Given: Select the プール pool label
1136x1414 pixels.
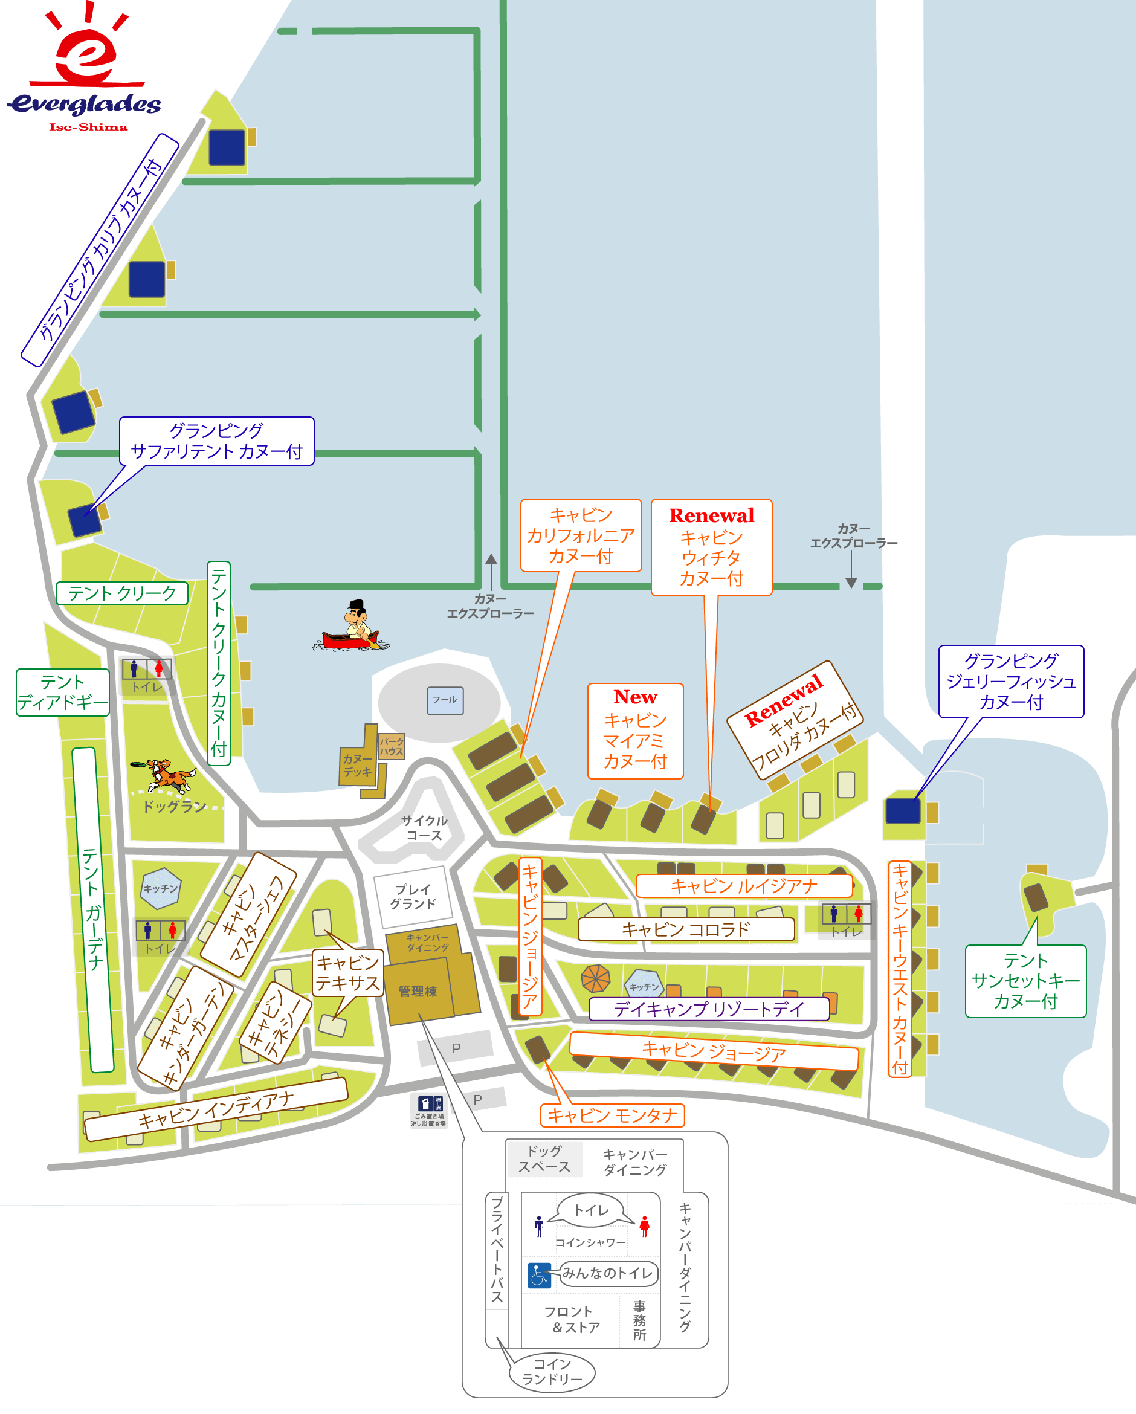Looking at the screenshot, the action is tap(445, 700).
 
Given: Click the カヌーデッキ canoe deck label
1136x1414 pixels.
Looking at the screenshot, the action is tap(358, 766).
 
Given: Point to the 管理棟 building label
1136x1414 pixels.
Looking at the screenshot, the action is tap(418, 991).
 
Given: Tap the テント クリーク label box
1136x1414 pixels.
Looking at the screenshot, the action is tap(122, 593).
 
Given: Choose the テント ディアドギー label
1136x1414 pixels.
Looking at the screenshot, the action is tap(62, 692).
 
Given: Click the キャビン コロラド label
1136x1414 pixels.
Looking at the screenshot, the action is tap(686, 929).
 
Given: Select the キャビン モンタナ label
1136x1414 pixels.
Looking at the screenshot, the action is tap(612, 1115).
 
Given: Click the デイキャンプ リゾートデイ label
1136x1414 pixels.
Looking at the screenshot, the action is tap(709, 1009).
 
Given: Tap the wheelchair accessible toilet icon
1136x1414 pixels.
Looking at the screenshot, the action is tap(539, 1276).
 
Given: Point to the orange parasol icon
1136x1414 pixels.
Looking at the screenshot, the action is tap(596, 979).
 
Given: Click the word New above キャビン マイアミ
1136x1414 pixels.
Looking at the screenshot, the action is tap(636, 697).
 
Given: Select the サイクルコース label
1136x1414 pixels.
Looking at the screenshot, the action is tap(424, 828).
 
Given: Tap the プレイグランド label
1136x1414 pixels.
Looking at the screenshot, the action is tap(413, 897).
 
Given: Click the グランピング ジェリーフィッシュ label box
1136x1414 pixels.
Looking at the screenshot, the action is tap(1011, 682).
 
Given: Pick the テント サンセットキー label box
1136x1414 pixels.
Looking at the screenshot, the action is tap(1026, 981).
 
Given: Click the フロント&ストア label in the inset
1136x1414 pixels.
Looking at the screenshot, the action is tap(572, 1319).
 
